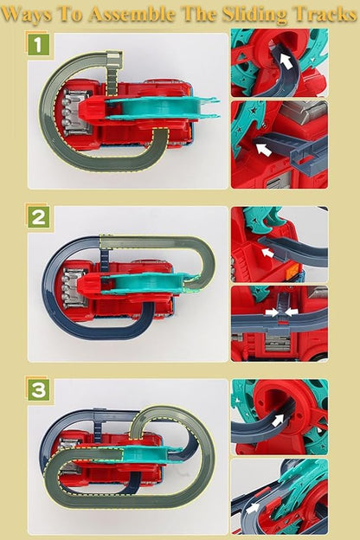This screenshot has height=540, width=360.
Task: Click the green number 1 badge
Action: pos(37,44)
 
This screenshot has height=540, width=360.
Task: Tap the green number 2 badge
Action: pos(37,217)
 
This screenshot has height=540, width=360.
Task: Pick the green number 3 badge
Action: pos(37,390)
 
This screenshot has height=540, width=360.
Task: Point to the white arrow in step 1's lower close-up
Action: pos(261,148)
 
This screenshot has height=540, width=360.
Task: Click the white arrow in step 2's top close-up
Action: pos(269,253)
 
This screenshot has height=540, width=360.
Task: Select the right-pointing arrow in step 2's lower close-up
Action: pos(270,310)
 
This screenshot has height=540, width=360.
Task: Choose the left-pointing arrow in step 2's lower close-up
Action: pos(290,310)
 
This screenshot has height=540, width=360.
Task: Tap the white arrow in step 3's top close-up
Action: pos(277,421)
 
